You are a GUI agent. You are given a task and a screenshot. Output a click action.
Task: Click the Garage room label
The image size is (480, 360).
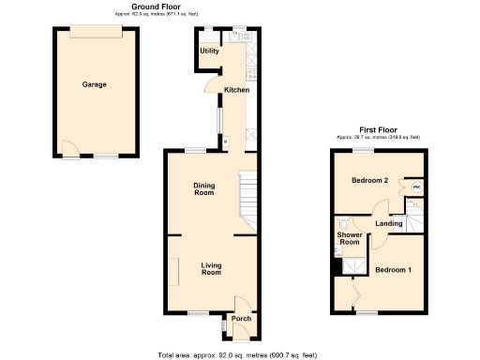[x=94, y=84]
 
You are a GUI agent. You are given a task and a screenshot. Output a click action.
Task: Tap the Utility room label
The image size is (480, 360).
[x=209, y=51]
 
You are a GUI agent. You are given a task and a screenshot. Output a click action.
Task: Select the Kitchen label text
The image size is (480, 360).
[x=236, y=90]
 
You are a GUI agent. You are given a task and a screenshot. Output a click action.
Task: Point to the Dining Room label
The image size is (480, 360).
[x=204, y=189]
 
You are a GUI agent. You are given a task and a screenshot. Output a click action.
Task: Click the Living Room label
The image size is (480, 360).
[x=212, y=269]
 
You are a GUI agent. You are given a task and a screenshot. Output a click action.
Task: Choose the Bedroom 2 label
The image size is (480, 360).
[x=369, y=180]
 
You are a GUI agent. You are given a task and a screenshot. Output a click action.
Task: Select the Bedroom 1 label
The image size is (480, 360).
[x=394, y=270]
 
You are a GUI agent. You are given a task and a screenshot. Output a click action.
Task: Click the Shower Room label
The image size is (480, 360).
[x=349, y=238]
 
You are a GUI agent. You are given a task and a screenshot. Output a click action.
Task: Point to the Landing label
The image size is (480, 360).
[x=389, y=224]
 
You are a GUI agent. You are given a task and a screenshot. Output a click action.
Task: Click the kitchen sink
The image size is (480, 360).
[x=238, y=37]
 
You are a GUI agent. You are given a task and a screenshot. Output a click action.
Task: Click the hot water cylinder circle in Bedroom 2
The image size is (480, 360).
[x=416, y=187]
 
